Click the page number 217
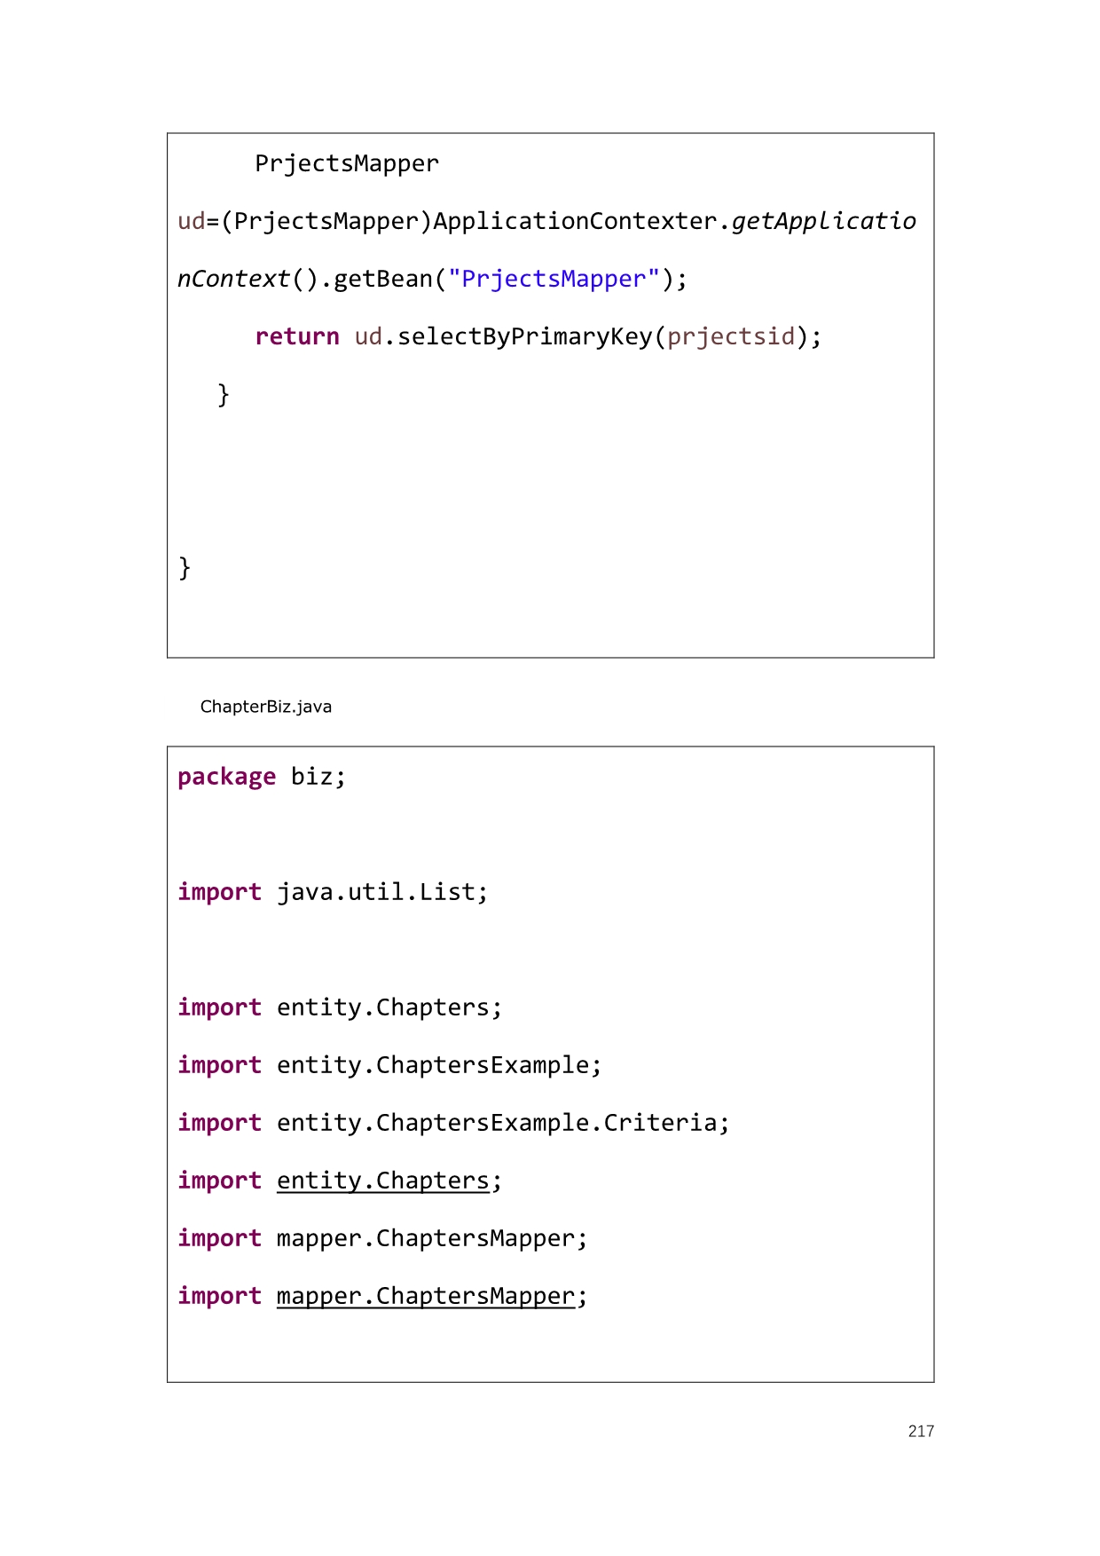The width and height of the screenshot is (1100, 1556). (x=921, y=1431)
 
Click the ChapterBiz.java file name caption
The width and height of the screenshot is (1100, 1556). (x=266, y=707)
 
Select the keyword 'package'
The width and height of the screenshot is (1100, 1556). (x=227, y=778)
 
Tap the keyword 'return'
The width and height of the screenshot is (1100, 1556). (x=297, y=336)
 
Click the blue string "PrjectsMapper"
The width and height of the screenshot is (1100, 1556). (x=554, y=279)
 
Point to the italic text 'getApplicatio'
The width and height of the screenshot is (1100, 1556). (x=824, y=221)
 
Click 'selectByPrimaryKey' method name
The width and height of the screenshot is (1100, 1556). (x=525, y=337)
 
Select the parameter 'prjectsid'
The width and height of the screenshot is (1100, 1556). (x=731, y=337)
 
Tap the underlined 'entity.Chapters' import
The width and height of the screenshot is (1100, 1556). (x=383, y=1181)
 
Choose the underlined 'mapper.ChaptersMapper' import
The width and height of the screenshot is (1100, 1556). (x=426, y=1297)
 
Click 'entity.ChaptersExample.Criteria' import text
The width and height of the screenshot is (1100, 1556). (x=497, y=1123)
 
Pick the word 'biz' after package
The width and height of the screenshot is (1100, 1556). (x=312, y=777)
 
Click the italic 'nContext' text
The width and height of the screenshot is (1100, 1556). (x=234, y=279)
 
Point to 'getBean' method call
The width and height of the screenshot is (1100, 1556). (x=383, y=279)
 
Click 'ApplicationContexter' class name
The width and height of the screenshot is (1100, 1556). (x=575, y=221)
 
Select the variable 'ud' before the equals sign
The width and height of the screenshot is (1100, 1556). (x=192, y=221)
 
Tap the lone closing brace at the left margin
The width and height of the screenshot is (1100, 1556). (x=185, y=567)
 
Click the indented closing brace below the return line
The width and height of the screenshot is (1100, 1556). (x=224, y=394)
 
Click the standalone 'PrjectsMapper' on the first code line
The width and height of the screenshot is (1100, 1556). (x=348, y=163)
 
